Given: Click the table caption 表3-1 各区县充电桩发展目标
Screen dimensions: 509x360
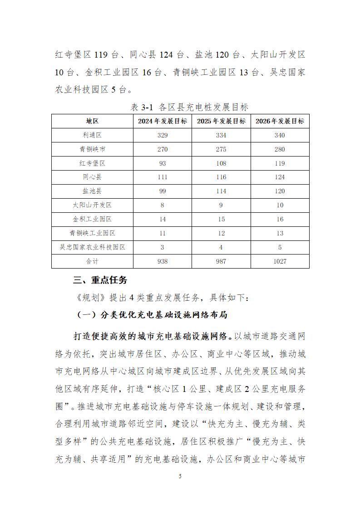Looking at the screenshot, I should click(189, 108).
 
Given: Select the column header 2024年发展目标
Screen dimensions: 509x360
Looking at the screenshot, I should click(163, 121).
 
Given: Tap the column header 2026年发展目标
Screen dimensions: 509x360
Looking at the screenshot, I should click(280, 121).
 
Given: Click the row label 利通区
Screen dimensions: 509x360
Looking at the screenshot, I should click(92, 135).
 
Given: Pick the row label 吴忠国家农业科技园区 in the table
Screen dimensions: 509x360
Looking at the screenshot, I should click(92, 247).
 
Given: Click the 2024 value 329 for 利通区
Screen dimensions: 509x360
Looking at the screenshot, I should click(163, 135).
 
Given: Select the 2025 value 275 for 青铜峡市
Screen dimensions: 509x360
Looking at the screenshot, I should click(221, 149).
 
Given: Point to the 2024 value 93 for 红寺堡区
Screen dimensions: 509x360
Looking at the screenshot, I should click(163, 163).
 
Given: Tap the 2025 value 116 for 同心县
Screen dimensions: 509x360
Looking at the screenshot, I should click(221, 177).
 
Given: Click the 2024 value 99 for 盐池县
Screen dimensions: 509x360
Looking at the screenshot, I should click(163, 191).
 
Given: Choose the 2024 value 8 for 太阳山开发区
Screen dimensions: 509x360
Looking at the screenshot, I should click(163, 205).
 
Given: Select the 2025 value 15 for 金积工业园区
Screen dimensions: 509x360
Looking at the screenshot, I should click(221, 219).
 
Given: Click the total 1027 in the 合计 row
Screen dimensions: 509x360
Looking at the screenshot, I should click(280, 261).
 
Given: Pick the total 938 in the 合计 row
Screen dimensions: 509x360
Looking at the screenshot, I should click(163, 261).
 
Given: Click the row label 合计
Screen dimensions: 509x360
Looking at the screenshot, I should click(92, 261).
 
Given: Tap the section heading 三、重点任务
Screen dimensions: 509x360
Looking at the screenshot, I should click(100, 280).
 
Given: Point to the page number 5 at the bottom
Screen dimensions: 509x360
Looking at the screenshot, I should click(180, 476).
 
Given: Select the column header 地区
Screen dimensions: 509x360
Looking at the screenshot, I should click(92, 121).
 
